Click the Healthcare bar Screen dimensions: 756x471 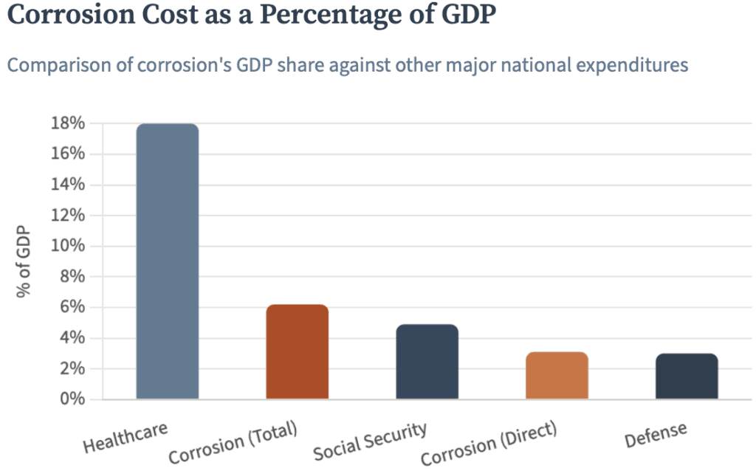pyautogui.click(x=168, y=261)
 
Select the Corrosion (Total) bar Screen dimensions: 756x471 pyautogui.click(x=297, y=352)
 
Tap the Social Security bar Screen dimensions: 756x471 pyautogui.click(x=427, y=362)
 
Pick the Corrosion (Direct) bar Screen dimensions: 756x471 pyautogui.click(x=557, y=376)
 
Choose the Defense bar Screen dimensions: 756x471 pyautogui.click(x=687, y=377)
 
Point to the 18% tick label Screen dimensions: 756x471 pyautogui.click(x=68, y=123)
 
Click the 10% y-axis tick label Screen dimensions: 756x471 pyautogui.click(x=68, y=246)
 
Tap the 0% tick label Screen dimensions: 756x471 pyautogui.click(x=72, y=399)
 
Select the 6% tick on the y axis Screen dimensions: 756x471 pyautogui.click(x=72, y=307)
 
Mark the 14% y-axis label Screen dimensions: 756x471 pyautogui.click(x=68, y=185)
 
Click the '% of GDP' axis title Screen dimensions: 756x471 pyautogui.click(x=23, y=261)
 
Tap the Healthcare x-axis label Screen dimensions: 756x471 pyautogui.click(x=126, y=437)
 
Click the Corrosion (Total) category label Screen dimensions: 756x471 pyautogui.click(x=233, y=442)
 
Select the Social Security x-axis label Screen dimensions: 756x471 pyautogui.click(x=371, y=441)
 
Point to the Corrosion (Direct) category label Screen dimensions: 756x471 pyautogui.click(x=489, y=443)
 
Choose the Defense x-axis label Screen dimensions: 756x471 pyautogui.click(x=656, y=434)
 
